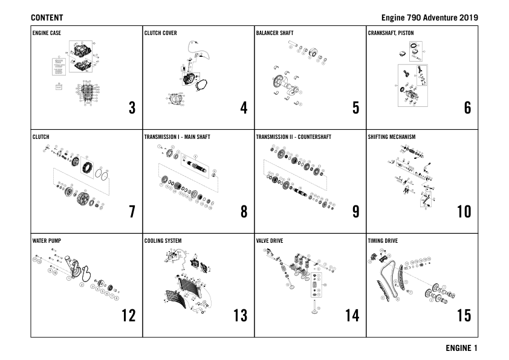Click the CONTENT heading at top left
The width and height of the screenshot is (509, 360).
point(47,18)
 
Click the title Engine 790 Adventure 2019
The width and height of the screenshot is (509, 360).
point(429,18)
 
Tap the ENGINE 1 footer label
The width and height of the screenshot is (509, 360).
point(461,348)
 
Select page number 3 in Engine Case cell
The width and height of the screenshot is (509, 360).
point(132,108)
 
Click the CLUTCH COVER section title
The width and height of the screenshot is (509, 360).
point(161,33)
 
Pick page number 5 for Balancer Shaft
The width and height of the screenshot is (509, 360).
point(355,108)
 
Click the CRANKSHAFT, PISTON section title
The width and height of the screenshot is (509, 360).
point(391,33)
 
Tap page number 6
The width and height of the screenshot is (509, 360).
point(467,108)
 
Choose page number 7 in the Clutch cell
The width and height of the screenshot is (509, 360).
point(132,212)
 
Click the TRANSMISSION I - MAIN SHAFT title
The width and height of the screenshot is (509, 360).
point(177,137)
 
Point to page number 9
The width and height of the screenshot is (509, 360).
point(355,212)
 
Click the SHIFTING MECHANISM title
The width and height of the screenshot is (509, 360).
point(391,137)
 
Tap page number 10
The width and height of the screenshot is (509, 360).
point(464,212)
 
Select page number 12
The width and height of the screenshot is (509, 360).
point(128,316)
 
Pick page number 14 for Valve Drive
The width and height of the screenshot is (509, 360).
point(352,316)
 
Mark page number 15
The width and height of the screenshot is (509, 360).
point(464,316)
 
